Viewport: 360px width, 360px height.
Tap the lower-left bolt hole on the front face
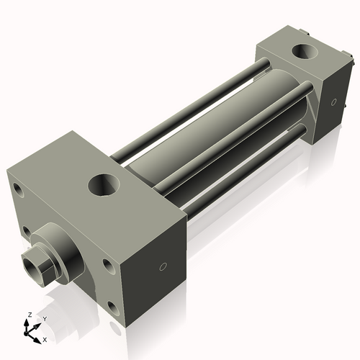point(26,231)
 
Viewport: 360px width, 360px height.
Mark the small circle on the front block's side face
point(163,267)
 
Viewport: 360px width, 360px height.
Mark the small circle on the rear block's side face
point(333,102)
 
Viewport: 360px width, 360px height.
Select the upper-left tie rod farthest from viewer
point(187,108)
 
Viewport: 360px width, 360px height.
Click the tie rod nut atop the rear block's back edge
point(308,32)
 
